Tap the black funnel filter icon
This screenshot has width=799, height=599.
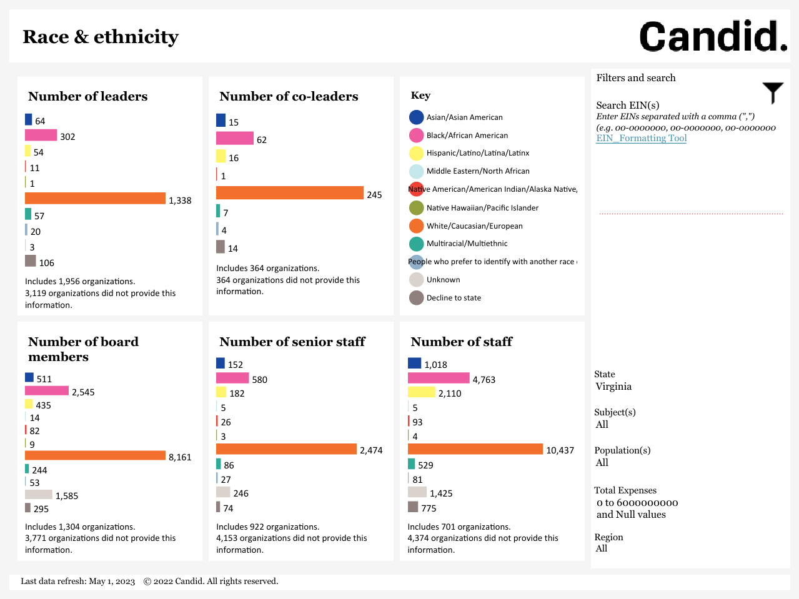pyautogui.click(x=773, y=92)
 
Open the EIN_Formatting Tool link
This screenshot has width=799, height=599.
pyautogui.click(x=641, y=138)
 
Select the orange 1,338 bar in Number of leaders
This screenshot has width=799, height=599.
pyautogui.click(x=95, y=198)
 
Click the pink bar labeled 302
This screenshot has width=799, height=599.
pyautogui.click(x=41, y=135)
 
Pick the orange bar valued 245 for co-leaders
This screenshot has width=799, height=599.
pyautogui.click(x=289, y=193)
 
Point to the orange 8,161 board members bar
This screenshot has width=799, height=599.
pyautogui.click(x=95, y=455)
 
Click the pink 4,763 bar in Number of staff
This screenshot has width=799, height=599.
pyautogui.click(x=438, y=378)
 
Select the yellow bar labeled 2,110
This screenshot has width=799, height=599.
pyautogui.click(x=421, y=392)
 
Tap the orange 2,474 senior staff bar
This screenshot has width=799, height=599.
pyautogui.click(x=286, y=449)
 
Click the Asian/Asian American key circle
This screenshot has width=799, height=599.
pyautogui.click(x=416, y=117)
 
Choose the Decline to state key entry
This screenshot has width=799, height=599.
pyautogui.click(x=454, y=298)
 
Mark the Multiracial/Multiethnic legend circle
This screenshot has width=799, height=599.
pyautogui.click(x=416, y=244)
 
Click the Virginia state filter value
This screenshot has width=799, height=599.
pyautogui.click(x=613, y=387)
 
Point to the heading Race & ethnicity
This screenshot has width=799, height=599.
pyautogui.click(x=101, y=37)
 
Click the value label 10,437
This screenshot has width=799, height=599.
pyautogui.click(x=560, y=450)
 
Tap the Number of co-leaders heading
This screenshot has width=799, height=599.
pyautogui.click(x=289, y=96)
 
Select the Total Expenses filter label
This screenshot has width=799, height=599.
pyautogui.click(x=625, y=490)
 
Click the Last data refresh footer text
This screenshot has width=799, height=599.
pyautogui.click(x=78, y=582)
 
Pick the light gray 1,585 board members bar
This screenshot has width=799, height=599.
pyautogui.click(x=39, y=495)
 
